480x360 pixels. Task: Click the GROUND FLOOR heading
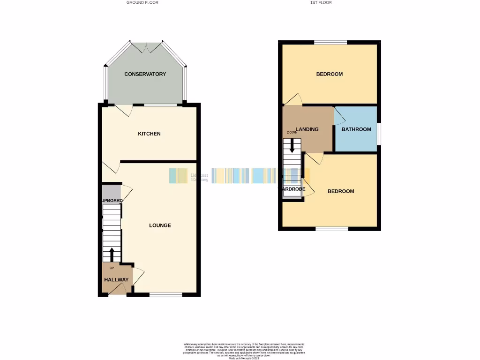[x=142, y=3]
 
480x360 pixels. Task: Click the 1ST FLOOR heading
[x=321, y=3]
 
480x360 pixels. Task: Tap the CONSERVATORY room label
[x=145, y=74]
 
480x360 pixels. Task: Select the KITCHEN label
[x=149, y=134]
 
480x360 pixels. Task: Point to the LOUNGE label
[x=160, y=225]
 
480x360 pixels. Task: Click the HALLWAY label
[x=116, y=280]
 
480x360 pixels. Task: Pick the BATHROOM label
[x=356, y=129]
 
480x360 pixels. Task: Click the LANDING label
[x=307, y=129]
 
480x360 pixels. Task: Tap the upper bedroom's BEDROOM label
[x=329, y=74]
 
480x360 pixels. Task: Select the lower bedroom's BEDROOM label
[x=341, y=191]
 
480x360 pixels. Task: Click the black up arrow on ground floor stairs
[x=112, y=255]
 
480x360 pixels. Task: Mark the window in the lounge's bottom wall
[x=165, y=295]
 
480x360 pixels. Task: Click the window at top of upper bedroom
[x=330, y=43]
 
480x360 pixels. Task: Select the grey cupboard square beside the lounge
[x=111, y=192]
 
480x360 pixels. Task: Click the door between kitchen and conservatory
[x=124, y=110]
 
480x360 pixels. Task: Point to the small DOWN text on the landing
[x=292, y=133]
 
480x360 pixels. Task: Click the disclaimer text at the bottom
[x=243, y=351]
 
